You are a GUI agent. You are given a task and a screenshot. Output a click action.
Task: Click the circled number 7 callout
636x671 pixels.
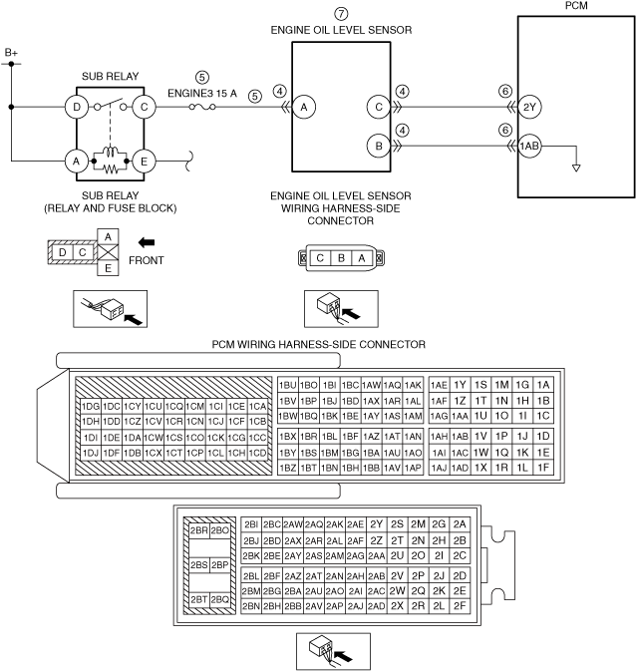(x=341, y=14)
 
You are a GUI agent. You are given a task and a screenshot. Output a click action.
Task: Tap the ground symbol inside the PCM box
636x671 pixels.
(x=576, y=167)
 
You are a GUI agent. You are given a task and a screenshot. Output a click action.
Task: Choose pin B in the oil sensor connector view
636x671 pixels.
(x=340, y=257)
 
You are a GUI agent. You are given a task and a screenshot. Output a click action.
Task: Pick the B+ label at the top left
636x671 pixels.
(x=12, y=51)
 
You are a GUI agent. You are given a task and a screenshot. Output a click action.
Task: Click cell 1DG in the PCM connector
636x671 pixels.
(x=91, y=406)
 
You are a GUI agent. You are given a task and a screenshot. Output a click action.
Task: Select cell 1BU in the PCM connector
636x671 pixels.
(x=288, y=385)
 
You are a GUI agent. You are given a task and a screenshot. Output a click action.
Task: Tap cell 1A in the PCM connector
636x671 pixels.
(x=542, y=385)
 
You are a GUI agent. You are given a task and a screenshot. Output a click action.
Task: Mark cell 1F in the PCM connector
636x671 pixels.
(x=542, y=467)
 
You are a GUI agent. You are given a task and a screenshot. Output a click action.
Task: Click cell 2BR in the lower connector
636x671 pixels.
(x=197, y=531)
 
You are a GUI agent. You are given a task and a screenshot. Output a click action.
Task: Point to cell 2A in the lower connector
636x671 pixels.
(x=459, y=523)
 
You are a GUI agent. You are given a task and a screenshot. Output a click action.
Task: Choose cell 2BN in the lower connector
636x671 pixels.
(x=250, y=605)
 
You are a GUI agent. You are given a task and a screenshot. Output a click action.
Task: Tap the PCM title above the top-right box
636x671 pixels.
(x=576, y=6)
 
